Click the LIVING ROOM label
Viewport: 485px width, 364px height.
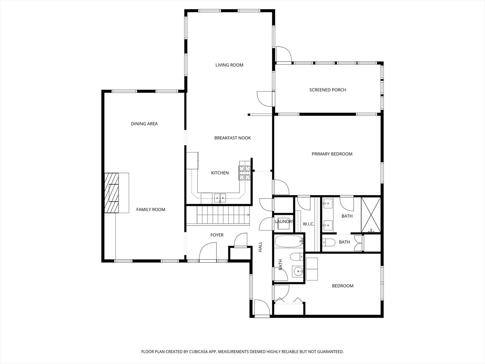click(229, 65)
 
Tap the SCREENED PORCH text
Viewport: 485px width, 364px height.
click(327, 90)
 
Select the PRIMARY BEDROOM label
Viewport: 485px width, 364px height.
click(332, 154)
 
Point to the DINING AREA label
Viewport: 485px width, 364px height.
click(144, 124)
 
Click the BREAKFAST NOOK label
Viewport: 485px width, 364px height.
click(232, 138)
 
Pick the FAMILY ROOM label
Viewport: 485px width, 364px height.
click(151, 210)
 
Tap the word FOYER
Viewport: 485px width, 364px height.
click(217, 235)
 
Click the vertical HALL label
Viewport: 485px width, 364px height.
click(260, 247)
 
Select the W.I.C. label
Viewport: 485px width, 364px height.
click(308, 224)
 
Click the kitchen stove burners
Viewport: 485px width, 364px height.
click(245, 173)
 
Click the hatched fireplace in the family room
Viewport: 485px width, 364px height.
click(111, 193)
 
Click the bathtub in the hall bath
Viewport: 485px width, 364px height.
click(289, 241)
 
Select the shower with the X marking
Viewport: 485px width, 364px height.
click(371, 215)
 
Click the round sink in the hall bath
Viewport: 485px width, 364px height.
click(298, 271)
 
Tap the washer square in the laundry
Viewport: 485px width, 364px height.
click(284, 223)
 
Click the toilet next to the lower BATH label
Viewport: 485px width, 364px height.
click(329, 242)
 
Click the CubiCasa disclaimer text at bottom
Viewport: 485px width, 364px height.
click(243, 352)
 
